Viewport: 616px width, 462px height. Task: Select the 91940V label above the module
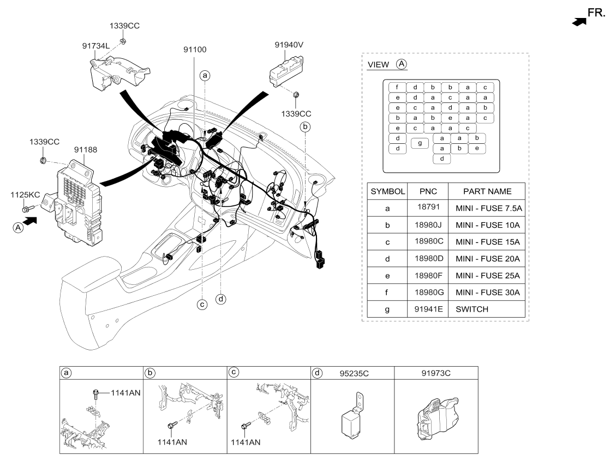tap(289, 45)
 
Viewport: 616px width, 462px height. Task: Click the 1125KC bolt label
tap(25, 194)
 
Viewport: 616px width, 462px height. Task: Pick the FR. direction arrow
tap(579, 21)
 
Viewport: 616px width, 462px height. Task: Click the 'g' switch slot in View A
tap(419, 143)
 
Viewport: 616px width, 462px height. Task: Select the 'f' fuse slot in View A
tap(397, 87)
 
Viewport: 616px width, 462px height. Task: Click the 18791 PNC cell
tap(428, 208)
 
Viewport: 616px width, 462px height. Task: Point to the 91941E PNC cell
tap(428, 309)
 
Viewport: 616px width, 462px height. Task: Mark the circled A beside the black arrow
tap(18, 229)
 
